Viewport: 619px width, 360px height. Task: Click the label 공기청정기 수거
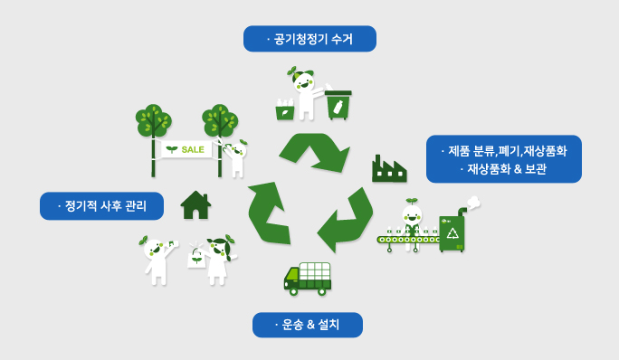click(309, 39)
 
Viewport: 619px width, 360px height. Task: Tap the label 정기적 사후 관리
click(101, 205)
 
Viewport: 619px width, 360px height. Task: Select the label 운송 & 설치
click(307, 325)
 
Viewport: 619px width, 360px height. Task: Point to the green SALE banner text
click(192, 148)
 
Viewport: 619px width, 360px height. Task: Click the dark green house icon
click(195, 204)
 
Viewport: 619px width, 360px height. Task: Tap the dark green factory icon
click(388, 169)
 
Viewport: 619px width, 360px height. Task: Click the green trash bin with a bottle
click(338, 105)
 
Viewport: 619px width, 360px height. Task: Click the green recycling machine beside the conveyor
click(452, 232)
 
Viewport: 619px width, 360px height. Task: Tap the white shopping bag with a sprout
click(195, 259)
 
